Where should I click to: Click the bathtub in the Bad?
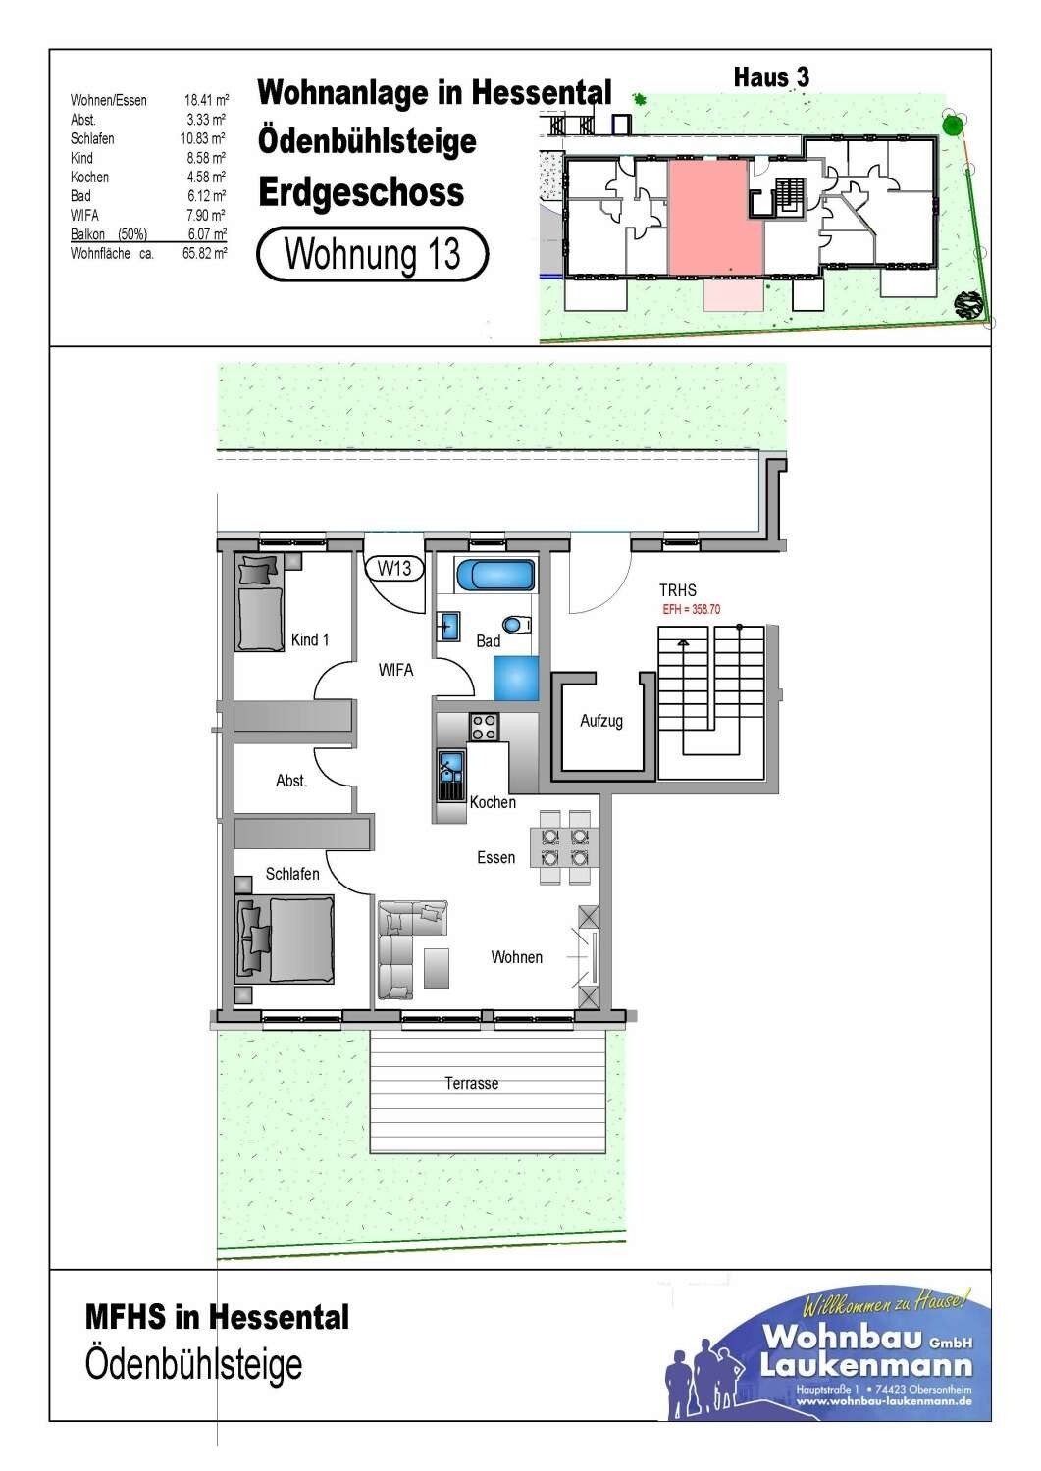click(495, 576)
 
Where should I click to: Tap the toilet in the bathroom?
click(516, 623)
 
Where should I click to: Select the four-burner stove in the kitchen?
click(483, 727)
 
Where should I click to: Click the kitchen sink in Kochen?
click(450, 776)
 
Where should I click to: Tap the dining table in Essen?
click(564, 847)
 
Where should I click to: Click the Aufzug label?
click(600, 721)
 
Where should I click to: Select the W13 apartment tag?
click(394, 568)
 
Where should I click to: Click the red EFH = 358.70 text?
click(692, 609)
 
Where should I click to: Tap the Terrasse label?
click(471, 1083)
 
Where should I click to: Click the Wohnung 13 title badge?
click(372, 253)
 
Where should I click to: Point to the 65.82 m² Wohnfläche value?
click(205, 253)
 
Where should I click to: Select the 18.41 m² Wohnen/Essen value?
click(206, 100)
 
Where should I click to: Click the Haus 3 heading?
click(771, 77)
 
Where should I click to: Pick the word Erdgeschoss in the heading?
click(361, 192)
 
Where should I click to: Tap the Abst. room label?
click(291, 781)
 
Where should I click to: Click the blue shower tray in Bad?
click(516, 679)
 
